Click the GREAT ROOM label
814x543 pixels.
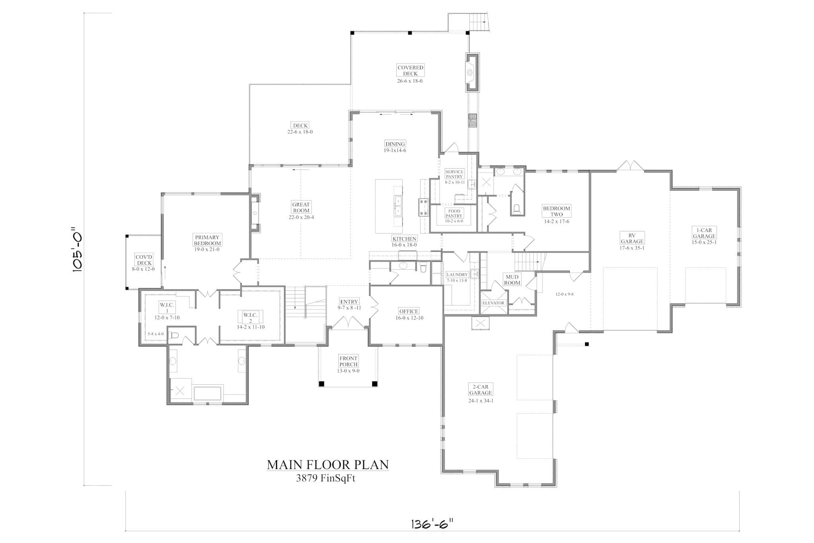tap(301, 208)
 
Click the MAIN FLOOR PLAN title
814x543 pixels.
tap(328, 465)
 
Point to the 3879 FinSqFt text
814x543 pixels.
tap(326, 479)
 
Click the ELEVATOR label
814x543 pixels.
tap(493, 303)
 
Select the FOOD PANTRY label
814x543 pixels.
tap(454, 214)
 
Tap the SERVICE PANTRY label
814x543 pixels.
tap(454, 174)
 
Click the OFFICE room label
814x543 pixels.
tap(409, 311)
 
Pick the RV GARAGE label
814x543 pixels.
tap(632, 238)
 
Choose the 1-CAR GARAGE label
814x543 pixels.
tap(704, 233)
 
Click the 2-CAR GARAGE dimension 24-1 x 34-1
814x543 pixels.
tap(481, 401)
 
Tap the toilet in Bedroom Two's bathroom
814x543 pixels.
tap(517, 208)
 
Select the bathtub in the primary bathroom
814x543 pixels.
tap(207, 393)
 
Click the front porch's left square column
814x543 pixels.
tap(322, 384)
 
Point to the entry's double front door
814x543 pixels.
tap(348, 323)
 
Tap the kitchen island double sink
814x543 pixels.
tap(397, 205)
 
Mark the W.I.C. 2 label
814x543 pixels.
tap(250, 318)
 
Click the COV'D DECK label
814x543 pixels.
tap(144, 260)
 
